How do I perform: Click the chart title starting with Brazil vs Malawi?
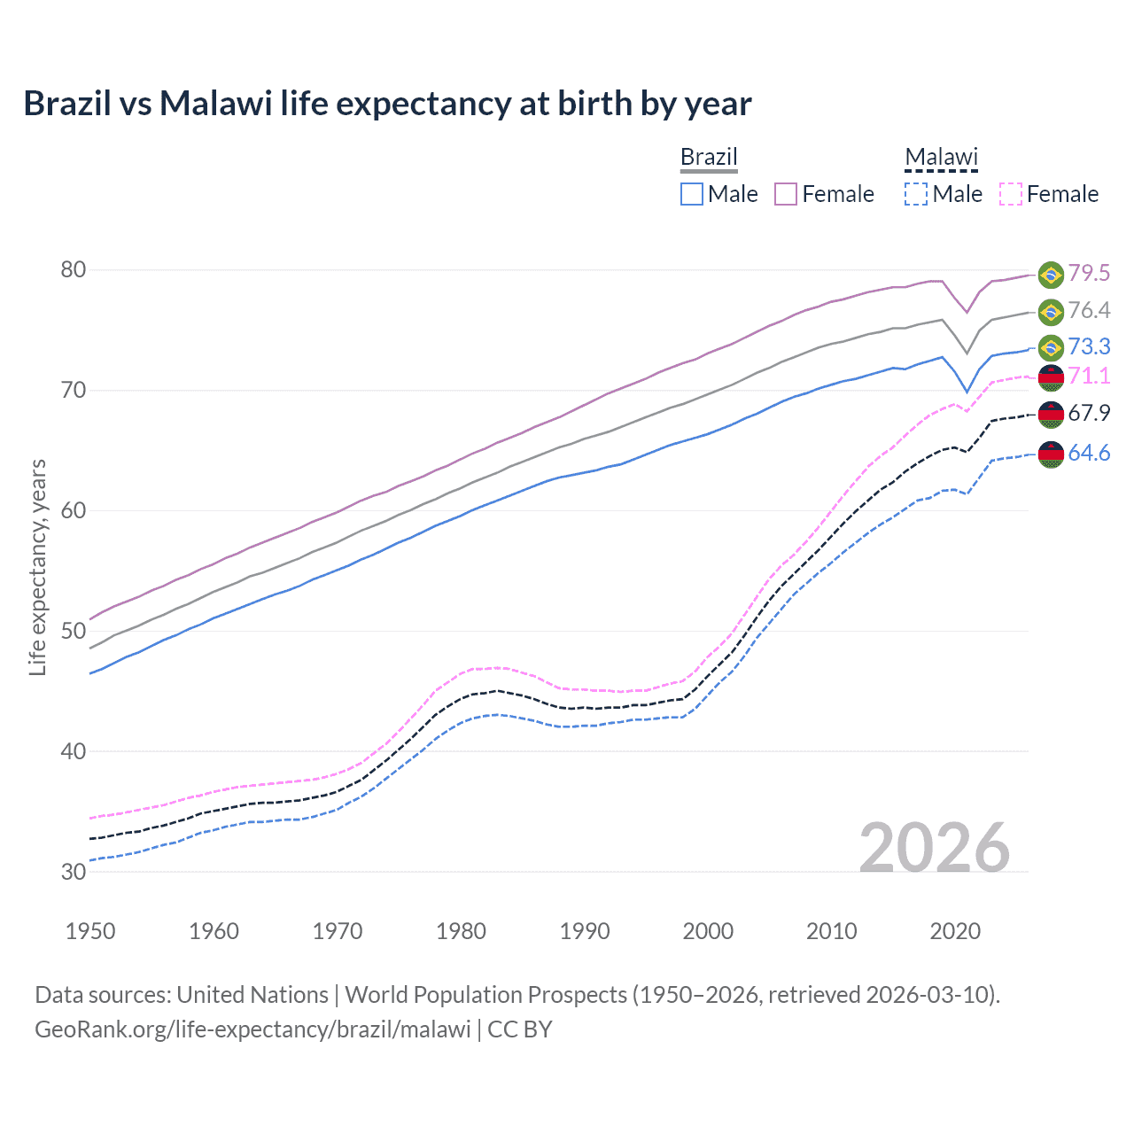coord(387,104)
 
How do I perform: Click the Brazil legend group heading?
coord(709,158)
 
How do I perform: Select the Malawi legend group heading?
coord(941,158)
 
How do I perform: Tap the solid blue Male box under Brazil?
coord(692,194)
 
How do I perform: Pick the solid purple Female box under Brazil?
coord(786,194)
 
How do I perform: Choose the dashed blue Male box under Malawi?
coord(916,194)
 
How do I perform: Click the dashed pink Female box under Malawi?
coord(1011,194)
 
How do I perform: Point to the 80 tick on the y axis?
coord(74,269)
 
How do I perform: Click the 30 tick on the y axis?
coord(74,872)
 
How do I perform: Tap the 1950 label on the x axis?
coord(90,931)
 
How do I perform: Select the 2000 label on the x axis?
coord(708,931)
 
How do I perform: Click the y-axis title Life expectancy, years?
coord(38,567)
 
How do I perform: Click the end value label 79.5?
coord(1089,273)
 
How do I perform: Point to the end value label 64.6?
coord(1089,454)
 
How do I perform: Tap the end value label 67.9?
coord(1089,414)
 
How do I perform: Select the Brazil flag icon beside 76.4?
coord(1051,312)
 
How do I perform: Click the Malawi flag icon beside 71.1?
coord(1051,377)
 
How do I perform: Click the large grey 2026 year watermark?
coord(935,848)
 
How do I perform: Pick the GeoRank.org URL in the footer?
coord(252,1029)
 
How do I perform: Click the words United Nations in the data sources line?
coord(252,995)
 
